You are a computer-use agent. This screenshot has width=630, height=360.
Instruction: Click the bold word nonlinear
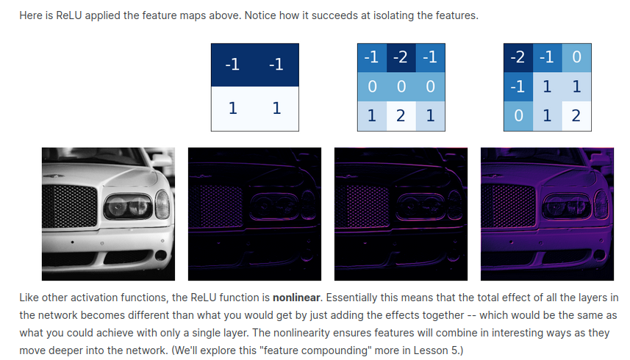(x=296, y=298)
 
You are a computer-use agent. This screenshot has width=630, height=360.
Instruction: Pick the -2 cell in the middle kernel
(x=401, y=58)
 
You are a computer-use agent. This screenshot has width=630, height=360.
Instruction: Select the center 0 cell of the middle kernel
(x=401, y=87)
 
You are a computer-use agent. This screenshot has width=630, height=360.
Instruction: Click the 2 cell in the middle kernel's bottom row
(x=401, y=116)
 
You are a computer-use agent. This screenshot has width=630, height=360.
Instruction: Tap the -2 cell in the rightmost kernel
(x=518, y=58)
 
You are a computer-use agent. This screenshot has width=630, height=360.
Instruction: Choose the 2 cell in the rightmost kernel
(x=576, y=116)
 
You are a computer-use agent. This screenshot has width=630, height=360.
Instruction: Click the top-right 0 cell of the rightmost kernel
(x=576, y=58)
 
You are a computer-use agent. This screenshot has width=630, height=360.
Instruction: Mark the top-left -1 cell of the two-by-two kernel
(x=233, y=65)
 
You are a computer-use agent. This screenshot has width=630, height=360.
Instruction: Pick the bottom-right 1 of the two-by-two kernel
(x=277, y=109)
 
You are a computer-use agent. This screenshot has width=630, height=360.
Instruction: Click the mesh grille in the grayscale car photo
(x=70, y=206)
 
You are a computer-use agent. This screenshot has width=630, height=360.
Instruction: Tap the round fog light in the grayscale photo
(x=161, y=255)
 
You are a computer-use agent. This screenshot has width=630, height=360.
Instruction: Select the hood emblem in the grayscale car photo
(x=54, y=176)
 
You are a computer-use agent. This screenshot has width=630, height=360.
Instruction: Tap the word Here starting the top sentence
(x=29, y=15)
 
